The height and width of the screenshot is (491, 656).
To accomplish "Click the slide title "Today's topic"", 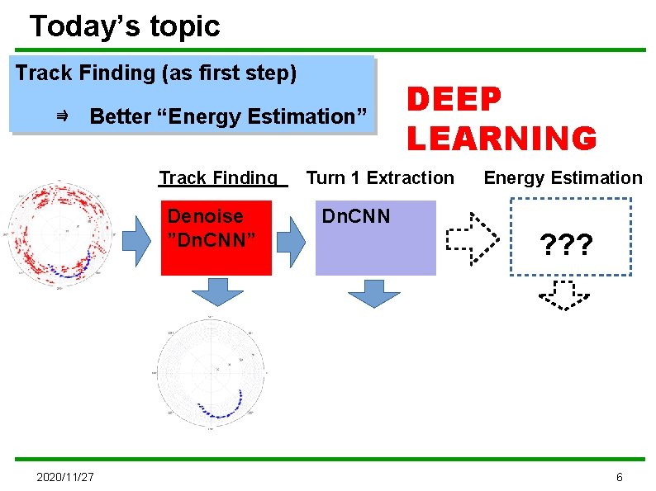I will (125, 26).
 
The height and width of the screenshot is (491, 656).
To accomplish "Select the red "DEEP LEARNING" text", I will (501, 120).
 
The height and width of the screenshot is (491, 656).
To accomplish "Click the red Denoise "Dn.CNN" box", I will (215, 238).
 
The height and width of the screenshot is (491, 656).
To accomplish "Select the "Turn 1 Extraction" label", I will (380, 178).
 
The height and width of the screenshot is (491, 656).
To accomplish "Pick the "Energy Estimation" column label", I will (563, 178).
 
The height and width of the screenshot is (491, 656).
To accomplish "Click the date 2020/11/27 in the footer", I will (64, 478).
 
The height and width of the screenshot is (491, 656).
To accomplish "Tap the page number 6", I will (620, 478).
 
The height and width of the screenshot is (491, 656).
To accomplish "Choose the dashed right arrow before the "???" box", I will (473, 238).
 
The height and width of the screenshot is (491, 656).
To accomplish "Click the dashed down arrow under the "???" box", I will (563, 295).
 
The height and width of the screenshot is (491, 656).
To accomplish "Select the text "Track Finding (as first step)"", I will (156, 73).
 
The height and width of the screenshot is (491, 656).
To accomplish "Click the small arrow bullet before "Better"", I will (62, 117).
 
